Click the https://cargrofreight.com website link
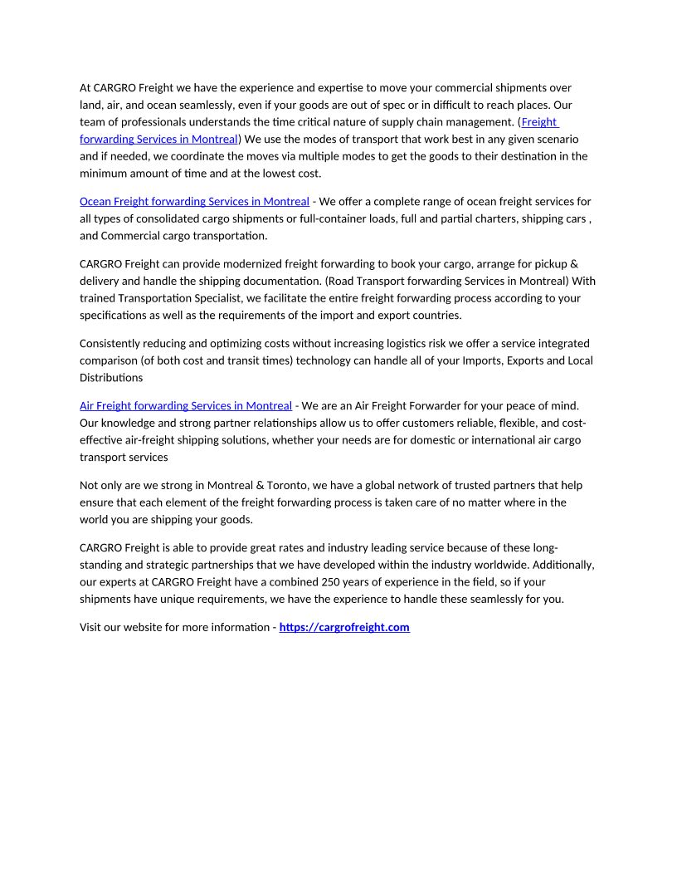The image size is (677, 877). click(344, 627)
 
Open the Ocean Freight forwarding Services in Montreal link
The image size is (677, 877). click(194, 201)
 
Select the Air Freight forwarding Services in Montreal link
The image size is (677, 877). click(186, 405)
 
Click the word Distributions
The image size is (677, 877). click(111, 378)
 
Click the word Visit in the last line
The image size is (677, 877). click(91, 627)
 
